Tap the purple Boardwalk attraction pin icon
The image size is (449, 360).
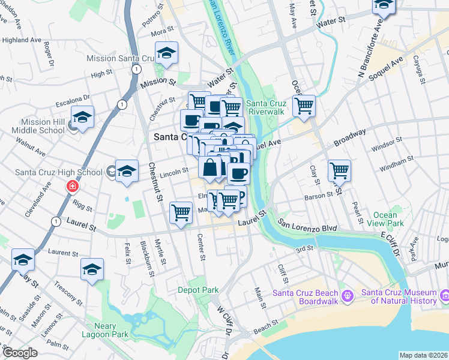(347, 296)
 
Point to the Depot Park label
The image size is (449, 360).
(198, 290)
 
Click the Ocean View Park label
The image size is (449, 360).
(385, 219)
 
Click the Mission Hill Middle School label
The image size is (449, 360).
(43, 126)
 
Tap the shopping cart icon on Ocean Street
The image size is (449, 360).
(304, 107)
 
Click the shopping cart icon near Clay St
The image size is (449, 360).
(340, 170)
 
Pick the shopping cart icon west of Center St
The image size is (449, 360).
(181, 213)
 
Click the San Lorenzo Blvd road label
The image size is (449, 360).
(307, 229)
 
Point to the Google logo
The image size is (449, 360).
(20, 353)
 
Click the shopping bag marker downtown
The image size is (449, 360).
(210, 169)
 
